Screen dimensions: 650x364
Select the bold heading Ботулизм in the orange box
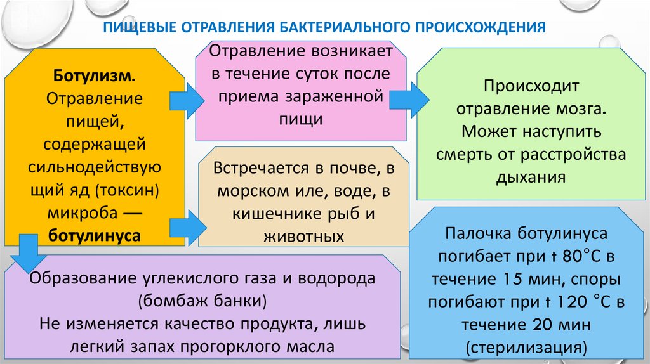coord(93,76)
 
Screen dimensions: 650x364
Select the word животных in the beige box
coord(303,236)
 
